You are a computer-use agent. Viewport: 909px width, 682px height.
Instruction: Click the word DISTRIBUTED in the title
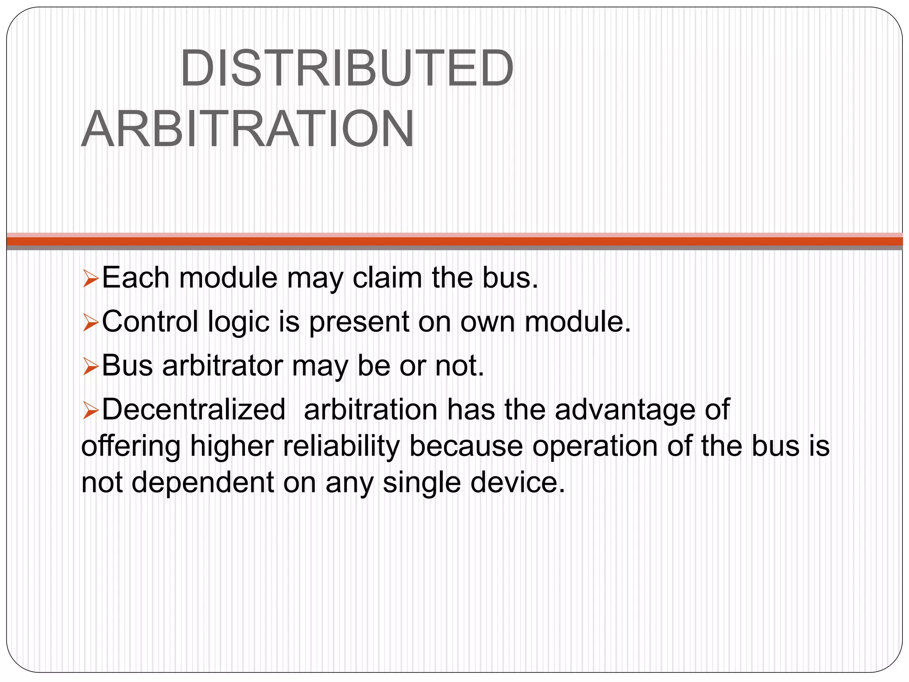tap(347, 69)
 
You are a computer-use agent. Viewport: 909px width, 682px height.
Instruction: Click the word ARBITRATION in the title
tap(248, 129)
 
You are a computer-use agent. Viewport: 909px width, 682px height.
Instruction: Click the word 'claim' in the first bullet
tap(387, 278)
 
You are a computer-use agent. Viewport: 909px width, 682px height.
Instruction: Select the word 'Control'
tap(150, 321)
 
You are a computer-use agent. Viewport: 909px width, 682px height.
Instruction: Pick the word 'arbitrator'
tap(222, 366)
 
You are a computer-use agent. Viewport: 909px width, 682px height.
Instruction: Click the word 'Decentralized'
tap(194, 409)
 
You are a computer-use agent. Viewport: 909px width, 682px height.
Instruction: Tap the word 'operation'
tap(595, 447)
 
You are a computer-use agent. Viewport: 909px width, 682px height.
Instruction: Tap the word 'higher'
tap(231, 447)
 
